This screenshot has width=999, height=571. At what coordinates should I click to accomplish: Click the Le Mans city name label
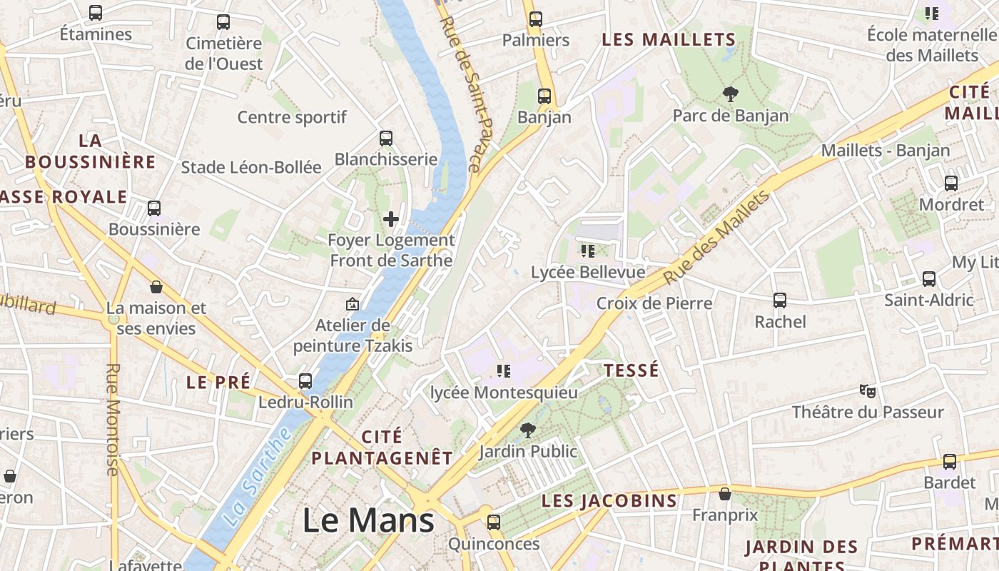click(x=368, y=520)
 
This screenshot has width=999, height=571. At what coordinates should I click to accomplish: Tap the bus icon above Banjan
click(x=544, y=96)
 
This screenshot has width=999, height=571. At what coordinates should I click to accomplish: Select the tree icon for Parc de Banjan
click(x=730, y=94)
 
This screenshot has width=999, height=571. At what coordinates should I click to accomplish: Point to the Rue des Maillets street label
click(x=717, y=237)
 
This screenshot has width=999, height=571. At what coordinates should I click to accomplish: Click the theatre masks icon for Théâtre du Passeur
click(x=867, y=391)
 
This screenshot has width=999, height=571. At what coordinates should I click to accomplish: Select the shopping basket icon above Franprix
click(x=724, y=493)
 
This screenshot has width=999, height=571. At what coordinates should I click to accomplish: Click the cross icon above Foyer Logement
click(x=390, y=219)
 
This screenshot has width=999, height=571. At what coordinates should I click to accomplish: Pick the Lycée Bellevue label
click(x=588, y=272)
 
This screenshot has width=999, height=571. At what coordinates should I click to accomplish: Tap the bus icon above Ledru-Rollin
click(x=305, y=380)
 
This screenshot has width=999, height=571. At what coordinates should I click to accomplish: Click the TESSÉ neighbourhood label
click(x=631, y=370)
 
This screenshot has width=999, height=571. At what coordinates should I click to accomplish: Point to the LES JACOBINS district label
click(x=609, y=500)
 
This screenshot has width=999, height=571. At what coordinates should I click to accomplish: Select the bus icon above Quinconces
click(x=493, y=522)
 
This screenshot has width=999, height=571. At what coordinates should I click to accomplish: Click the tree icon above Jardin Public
click(x=527, y=430)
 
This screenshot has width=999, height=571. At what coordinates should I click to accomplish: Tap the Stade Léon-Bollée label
click(x=251, y=167)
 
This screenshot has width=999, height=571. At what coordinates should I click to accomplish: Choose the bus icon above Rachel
click(x=780, y=300)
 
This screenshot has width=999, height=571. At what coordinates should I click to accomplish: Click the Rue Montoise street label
click(x=113, y=419)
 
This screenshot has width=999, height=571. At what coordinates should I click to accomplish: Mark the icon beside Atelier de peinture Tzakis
click(x=352, y=304)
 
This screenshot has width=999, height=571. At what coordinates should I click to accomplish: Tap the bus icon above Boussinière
click(x=154, y=208)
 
